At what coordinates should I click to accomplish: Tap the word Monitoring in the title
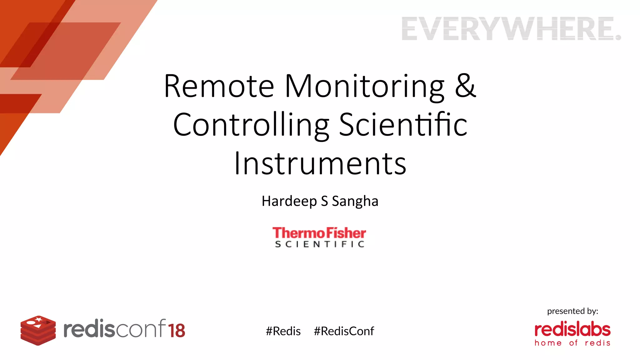364,87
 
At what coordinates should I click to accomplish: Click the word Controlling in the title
251,125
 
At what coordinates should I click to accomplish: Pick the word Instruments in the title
320,163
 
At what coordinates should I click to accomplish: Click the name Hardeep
289,201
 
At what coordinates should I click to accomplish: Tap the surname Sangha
355,201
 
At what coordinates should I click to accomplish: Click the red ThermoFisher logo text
319,233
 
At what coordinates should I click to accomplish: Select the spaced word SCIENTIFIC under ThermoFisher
319,244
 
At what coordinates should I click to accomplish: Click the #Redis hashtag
283,331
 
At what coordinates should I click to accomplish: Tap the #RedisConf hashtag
344,331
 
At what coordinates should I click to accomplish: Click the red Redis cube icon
38,330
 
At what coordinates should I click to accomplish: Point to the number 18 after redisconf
177,331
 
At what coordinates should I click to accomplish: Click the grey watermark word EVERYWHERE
511,29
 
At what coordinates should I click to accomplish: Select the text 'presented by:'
572,311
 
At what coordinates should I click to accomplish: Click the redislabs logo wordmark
572,329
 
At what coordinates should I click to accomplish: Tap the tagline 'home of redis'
572,343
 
